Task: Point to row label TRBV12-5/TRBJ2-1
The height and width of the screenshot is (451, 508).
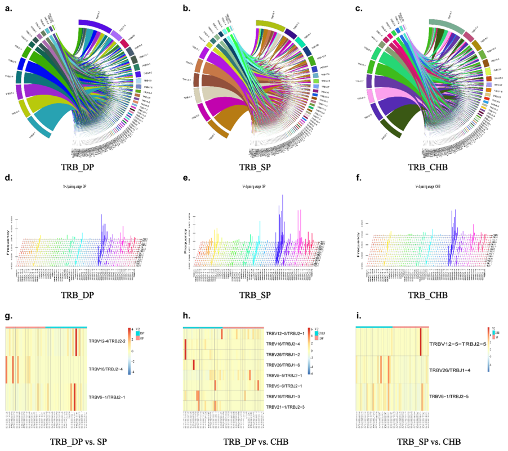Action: point(285,334)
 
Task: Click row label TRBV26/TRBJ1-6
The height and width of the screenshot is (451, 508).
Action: point(285,365)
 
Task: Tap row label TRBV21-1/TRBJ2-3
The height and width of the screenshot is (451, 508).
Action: point(285,406)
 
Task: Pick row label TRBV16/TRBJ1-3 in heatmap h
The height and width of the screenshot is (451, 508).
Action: point(285,396)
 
